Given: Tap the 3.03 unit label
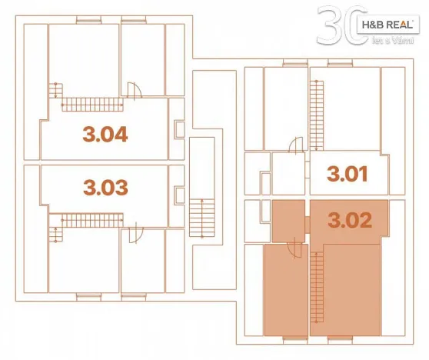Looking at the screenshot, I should (105, 186).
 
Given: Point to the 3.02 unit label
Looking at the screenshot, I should (350, 221).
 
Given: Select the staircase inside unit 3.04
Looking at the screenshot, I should (91, 105).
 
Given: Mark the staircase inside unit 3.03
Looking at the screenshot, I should (90, 218).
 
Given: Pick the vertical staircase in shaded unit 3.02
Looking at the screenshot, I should (316, 288).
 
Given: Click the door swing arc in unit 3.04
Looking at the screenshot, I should (135, 90).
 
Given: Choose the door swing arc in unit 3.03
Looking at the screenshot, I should (134, 232).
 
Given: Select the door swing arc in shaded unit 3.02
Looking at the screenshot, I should (294, 247).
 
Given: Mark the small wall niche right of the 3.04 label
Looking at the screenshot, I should (179, 128).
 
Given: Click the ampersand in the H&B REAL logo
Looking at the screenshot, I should (374, 25).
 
